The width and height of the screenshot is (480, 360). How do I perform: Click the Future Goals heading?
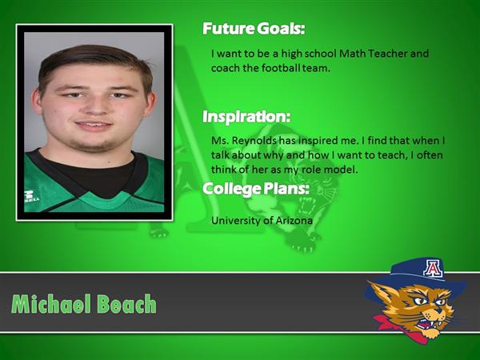click(x=254, y=29)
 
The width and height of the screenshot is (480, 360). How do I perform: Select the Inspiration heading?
click(x=246, y=117)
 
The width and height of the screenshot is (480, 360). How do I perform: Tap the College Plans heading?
click(x=256, y=189)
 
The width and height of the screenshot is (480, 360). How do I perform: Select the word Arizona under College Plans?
click(x=294, y=221)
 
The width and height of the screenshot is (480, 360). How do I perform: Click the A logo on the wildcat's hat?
click(x=433, y=269)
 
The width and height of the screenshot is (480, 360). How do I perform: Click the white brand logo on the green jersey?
click(x=31, y=196)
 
